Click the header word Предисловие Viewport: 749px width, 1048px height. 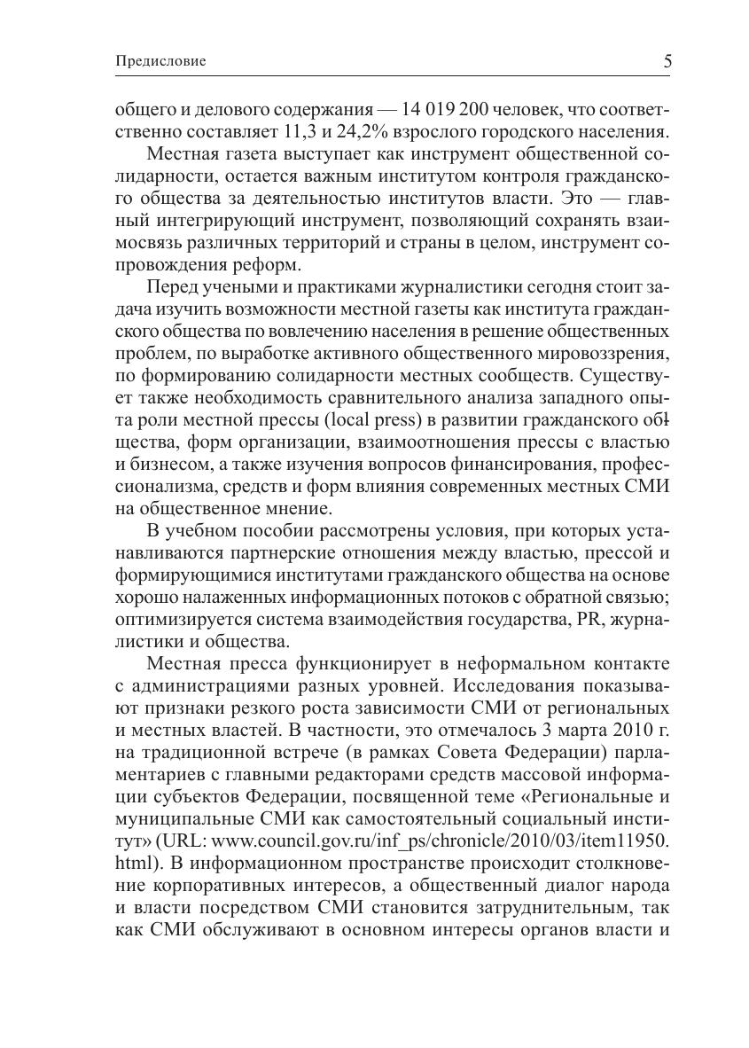coord(160,61)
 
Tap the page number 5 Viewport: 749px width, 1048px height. coord(667,61)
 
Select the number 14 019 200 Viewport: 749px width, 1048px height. coord(450,110)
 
